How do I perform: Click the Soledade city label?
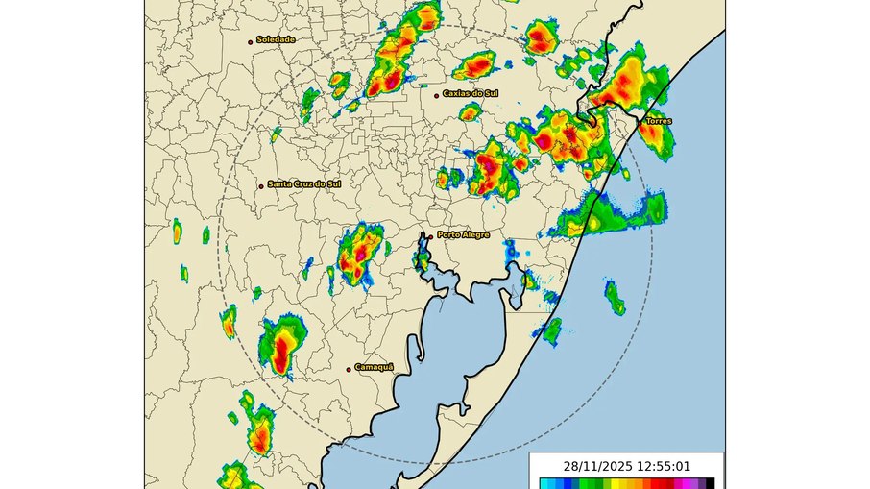point(276,39)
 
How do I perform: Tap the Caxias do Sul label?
point(471,94)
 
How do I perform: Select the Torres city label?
point(659,121)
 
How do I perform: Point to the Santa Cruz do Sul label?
point(304,184)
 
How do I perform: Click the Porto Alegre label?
point(463,234)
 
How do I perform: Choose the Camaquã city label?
point(375,367)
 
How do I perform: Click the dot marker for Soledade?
point(252,40)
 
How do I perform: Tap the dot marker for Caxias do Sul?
point(437,95)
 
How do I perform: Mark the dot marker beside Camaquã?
point(350,368)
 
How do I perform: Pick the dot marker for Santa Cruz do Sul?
point(260,185)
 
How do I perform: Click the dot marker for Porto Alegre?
point(430,235)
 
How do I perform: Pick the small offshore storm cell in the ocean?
point(614,298)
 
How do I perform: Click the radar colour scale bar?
point(626,483)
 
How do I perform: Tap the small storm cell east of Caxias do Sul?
point(470,112)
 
